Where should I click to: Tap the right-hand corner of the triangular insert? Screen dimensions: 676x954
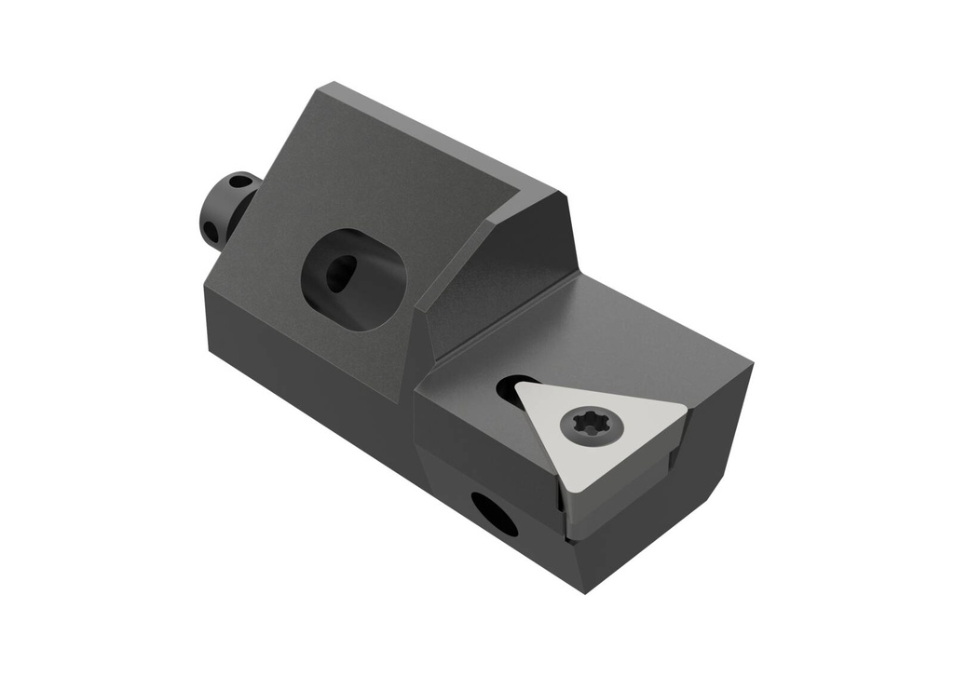686,406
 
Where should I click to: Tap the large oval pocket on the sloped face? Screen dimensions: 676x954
354,278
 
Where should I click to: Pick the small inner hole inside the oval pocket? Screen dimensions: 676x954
340,273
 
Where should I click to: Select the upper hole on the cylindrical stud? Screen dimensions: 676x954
240,182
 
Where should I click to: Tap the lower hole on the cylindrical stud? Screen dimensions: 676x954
211,230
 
